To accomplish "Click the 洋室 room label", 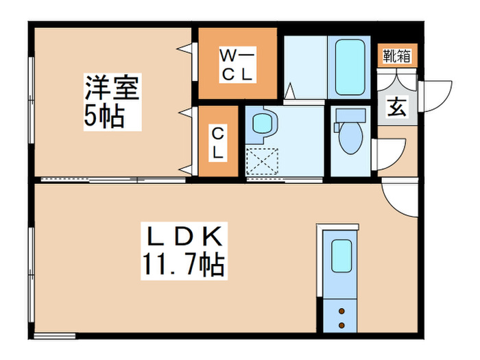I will tap(112, 89).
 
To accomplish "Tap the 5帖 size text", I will tap(104, 117).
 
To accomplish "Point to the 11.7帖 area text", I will tap(184, 264).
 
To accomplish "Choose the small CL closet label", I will tap(217, 143).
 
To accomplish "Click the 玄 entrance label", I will tap(396, 106).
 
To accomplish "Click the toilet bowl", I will tap(350, 141).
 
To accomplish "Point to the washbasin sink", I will tap(262, 124).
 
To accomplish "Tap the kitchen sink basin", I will tap(341, 255).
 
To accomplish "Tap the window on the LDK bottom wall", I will tap(55, 335).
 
